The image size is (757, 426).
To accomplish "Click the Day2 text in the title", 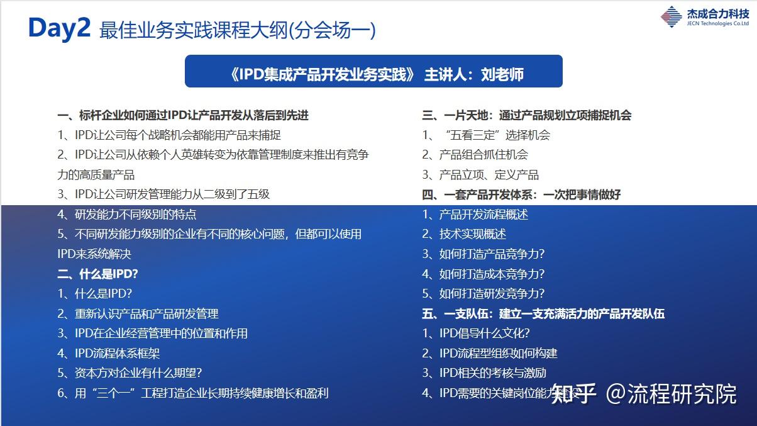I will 60,28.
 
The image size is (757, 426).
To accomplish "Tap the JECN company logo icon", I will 671,16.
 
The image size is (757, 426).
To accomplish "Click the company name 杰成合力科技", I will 717,13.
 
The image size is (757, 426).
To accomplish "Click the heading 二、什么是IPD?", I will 97,274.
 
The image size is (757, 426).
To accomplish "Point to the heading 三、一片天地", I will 526,115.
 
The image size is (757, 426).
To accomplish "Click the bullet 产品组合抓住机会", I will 475,155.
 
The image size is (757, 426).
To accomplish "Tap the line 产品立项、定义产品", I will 480,175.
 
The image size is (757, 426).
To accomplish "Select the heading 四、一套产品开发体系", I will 521,194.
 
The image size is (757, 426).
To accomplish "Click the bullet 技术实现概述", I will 464,234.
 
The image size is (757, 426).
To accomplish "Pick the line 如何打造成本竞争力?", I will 483,274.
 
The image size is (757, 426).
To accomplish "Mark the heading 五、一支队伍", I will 543,313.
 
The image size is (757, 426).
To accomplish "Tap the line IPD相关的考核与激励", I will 483,373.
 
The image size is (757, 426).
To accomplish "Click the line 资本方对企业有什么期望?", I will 130,373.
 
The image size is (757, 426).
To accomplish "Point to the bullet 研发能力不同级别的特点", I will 126,215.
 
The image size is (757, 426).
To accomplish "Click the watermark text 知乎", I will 573,395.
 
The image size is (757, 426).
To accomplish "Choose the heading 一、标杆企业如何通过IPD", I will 182,115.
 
